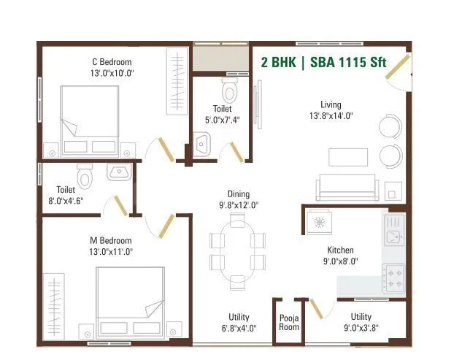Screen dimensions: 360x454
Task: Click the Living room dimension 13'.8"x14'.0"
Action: pos(331,116)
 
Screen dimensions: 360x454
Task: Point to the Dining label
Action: pos(239,194)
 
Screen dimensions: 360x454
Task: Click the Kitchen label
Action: pos(340,250)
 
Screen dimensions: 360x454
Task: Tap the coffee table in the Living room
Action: pos(347,157)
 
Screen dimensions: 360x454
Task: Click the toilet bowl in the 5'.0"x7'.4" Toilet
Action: pos(230,91)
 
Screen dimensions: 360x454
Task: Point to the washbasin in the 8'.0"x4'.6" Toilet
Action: pos(118,172)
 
